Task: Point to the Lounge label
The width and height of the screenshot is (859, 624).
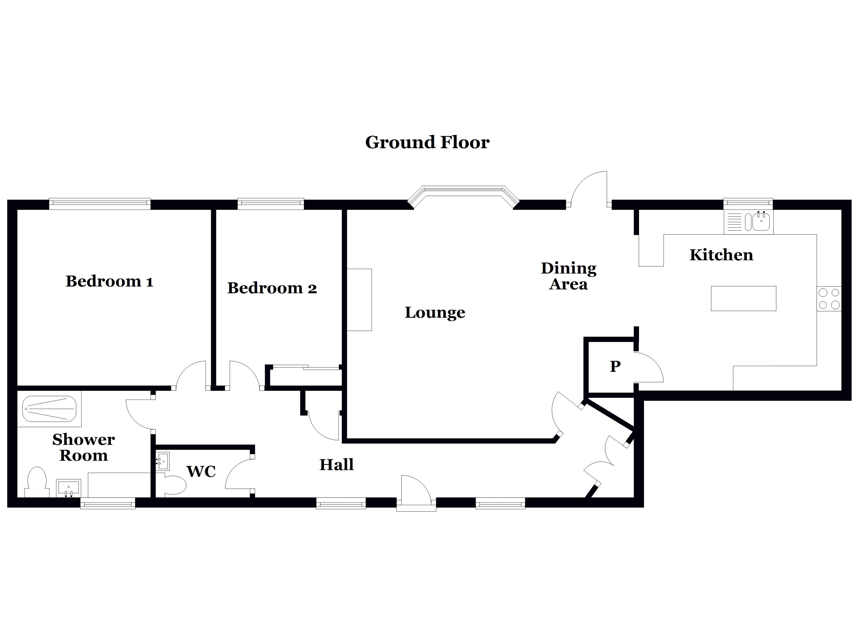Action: [x=435, y=313]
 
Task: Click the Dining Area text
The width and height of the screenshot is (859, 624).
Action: [x=568, y=276]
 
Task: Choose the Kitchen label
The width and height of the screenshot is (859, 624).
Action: [x=721, y=255]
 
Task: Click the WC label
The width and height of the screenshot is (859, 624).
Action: [x=201, y=471]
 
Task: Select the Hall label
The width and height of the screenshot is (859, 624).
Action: [x=336, y=465]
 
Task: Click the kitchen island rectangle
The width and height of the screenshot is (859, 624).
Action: [x=743, y=298]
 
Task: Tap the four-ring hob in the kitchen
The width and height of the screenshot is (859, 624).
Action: [x=829, y=298]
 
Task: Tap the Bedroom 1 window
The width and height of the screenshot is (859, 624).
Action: [x=100, y=204]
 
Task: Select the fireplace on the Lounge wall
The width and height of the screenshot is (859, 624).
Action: [x=359, y=300]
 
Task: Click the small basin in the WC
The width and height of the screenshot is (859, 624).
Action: [x=162, y=462]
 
